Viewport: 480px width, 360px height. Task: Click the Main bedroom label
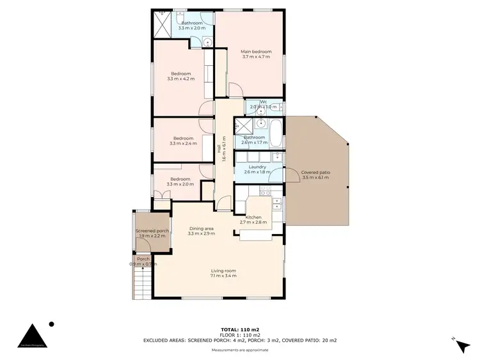pyautogui.click(x=256, y=52)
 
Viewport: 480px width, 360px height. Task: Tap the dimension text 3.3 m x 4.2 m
pyautogui.click(x=180, y=79)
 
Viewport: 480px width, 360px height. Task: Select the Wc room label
pyautogui.click(x=263, y=102)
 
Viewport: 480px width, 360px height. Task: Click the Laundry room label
pyautogui.click(x=257, y=167)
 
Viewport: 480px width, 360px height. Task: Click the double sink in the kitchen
pyautogui.click(x=278, y=204)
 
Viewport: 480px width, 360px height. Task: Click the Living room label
pyautogui.click(x=223, y=270)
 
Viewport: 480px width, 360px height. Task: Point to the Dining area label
pyautogui.click(x=200, y=228)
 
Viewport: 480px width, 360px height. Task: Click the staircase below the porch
pyautogui.click(x=140, y=283)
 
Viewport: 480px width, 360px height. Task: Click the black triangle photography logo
pyautogui.click(x=31, y=338)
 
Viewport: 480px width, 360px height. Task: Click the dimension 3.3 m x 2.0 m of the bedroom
pyautogui.click(x=180, y=184)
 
